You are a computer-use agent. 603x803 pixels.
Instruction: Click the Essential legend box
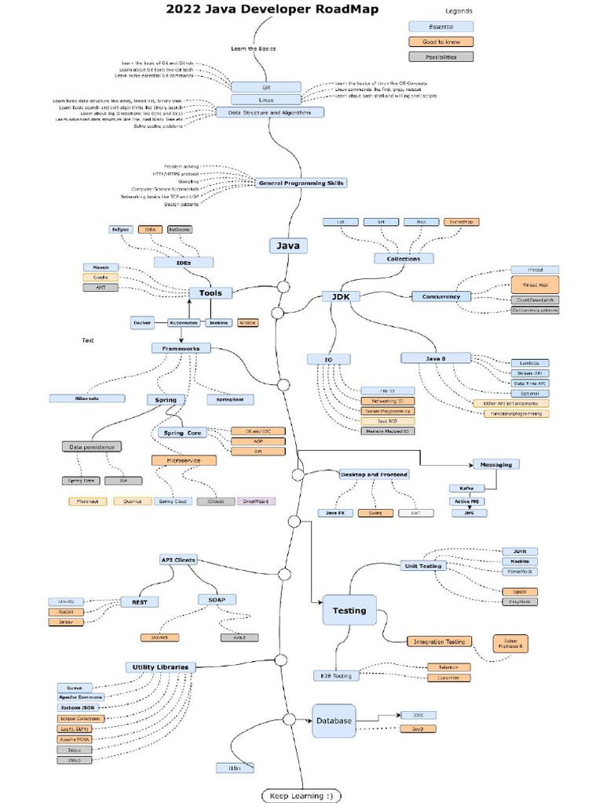point(440,27)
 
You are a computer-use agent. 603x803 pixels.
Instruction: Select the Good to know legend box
point(440,42)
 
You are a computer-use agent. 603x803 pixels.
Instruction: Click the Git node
point(266,88)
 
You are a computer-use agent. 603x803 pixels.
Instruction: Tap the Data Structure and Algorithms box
point(269,112)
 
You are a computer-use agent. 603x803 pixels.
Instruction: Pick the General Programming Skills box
point(301,183)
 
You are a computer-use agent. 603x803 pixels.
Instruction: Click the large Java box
point(289,245)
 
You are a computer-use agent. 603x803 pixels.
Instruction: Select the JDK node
point(341,296)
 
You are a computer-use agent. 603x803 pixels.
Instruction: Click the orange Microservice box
point(183,460)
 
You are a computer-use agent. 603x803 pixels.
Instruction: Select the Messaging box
point(495,464)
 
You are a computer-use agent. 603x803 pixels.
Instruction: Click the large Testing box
point(349,610)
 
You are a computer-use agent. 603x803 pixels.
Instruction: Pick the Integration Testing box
point(439,641)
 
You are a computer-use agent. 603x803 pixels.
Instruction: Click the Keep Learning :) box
point(301,795)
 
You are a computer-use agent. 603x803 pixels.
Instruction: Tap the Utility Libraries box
point(160,667)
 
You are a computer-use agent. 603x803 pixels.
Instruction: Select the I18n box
point(235,768)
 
